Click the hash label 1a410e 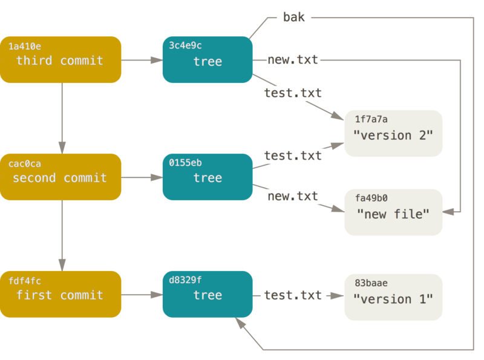point(25,46)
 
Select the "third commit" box point(60,60)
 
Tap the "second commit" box point(60,177)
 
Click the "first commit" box point(60,295)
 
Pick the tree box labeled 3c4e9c point(208,60)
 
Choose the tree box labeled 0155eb point(208,177)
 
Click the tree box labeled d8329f point(208,295)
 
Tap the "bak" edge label point(294,18)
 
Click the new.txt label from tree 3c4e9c point(293,59)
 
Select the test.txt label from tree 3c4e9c point(293,93)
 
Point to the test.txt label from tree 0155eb point(293,155)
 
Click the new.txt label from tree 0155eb point(293,196)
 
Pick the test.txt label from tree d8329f point(293,295)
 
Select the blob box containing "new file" point(393,212)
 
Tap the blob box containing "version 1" point(393,297)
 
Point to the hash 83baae point(371,283)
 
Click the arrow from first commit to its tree point(142,295)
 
